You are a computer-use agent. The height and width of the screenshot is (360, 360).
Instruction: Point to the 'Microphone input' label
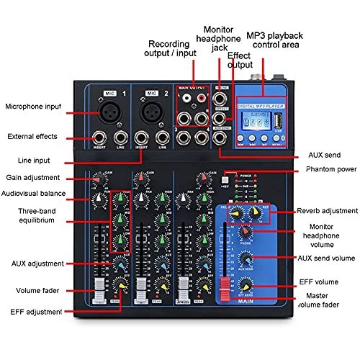33,108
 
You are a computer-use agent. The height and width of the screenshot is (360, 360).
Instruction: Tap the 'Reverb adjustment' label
327,211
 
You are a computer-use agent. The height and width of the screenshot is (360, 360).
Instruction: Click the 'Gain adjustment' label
32,177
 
